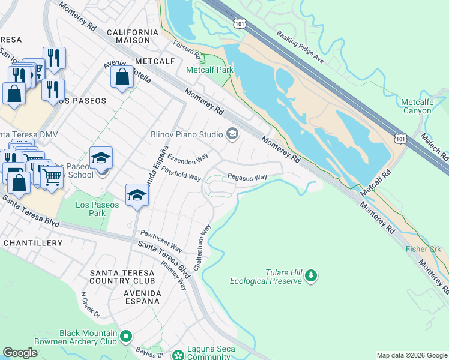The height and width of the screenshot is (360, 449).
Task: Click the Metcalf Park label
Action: [209, 70]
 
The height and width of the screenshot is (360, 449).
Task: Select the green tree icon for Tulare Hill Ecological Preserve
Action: [310, 275]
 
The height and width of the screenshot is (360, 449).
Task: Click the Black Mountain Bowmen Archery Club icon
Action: [125, 337]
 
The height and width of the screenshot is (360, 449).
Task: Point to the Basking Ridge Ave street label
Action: [300, 47]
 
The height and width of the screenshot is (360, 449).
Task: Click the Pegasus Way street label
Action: [247, 178]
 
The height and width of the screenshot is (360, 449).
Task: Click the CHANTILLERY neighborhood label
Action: [33, 243]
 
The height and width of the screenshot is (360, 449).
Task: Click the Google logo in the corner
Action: [20, 353]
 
